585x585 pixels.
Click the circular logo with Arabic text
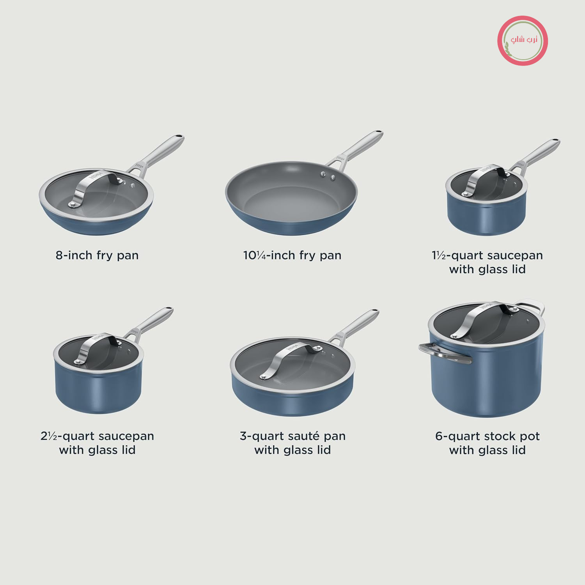click(523, 41)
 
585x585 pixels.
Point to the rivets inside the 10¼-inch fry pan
click(328, 176)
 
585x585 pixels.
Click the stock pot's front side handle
click(445, 353)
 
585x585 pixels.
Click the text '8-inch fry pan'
click(97, 255)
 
